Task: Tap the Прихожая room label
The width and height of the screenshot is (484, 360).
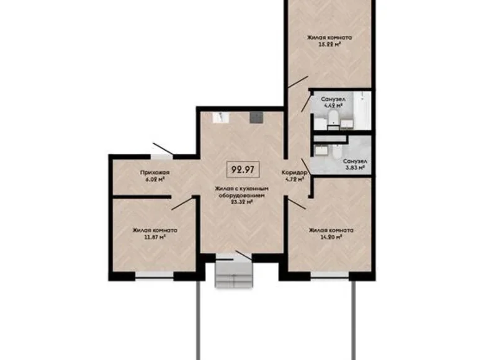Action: (151, 172)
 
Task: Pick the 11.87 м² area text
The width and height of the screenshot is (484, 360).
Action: (154, 237)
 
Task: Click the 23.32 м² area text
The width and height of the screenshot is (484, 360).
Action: (241, 202)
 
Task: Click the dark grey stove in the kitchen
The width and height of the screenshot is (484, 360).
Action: (255, 117)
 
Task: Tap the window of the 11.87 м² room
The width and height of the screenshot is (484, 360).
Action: (154, 273)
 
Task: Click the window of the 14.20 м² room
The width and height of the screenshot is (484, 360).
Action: (329, 273)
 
